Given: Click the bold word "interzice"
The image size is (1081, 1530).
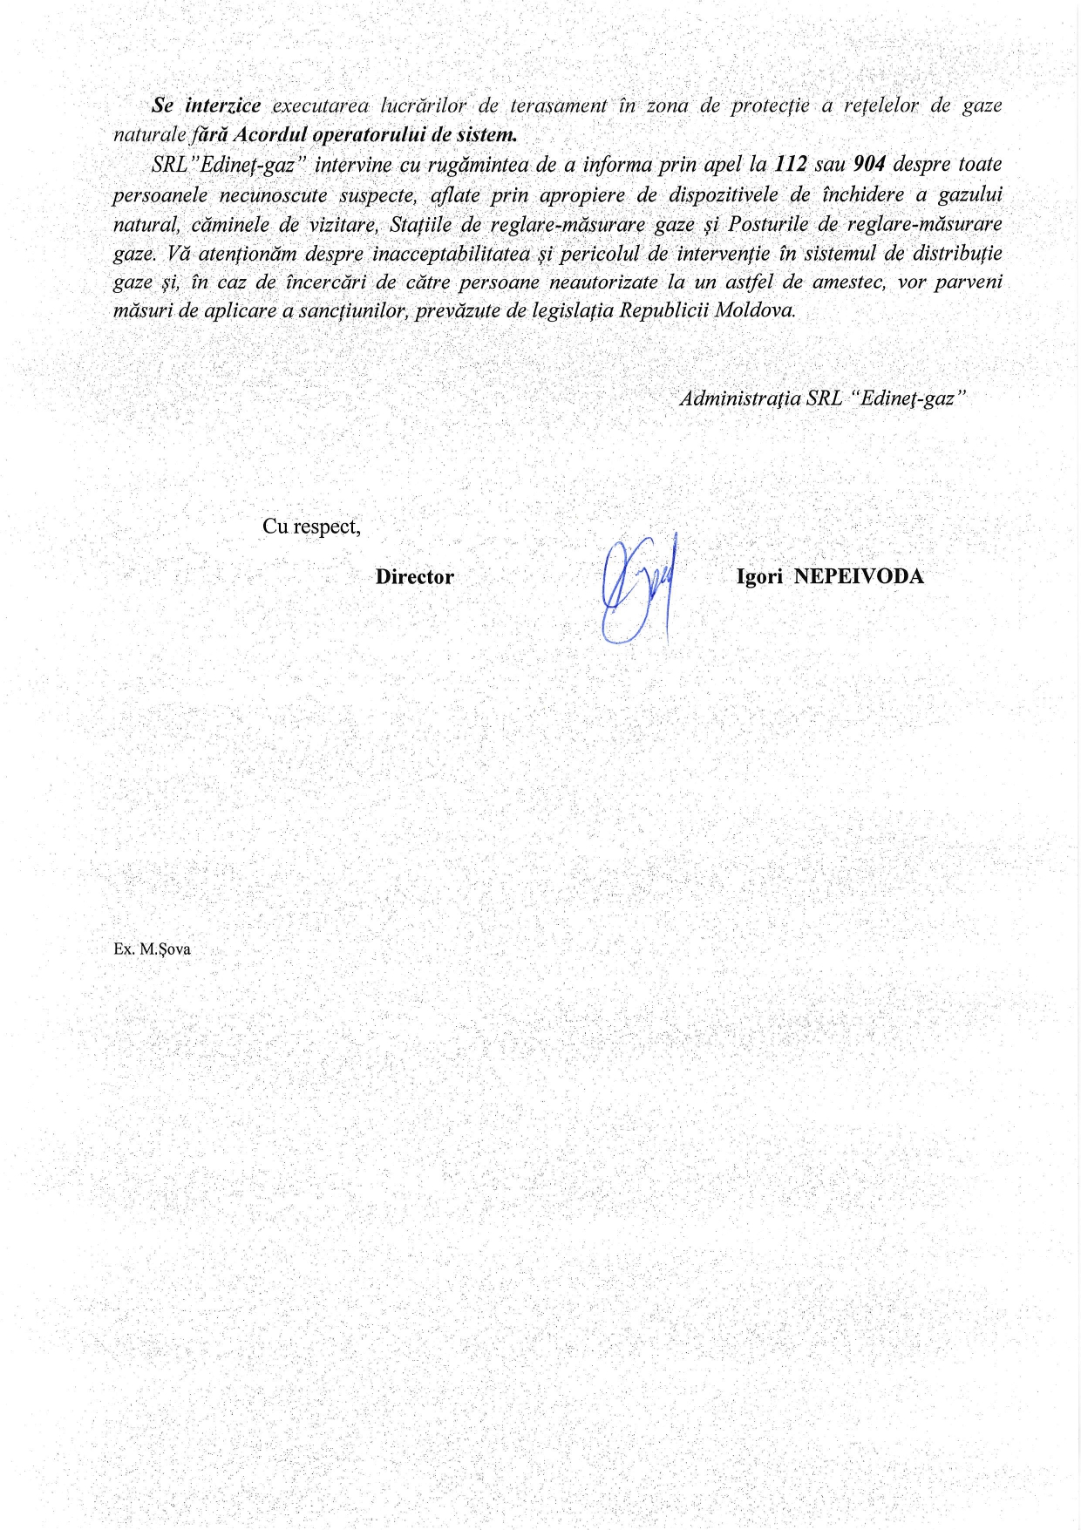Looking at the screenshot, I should (x=223, y=105).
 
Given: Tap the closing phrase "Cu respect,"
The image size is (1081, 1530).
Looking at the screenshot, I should (x=311, y=527).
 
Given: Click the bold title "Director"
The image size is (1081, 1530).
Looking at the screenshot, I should (x=414, y=577).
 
